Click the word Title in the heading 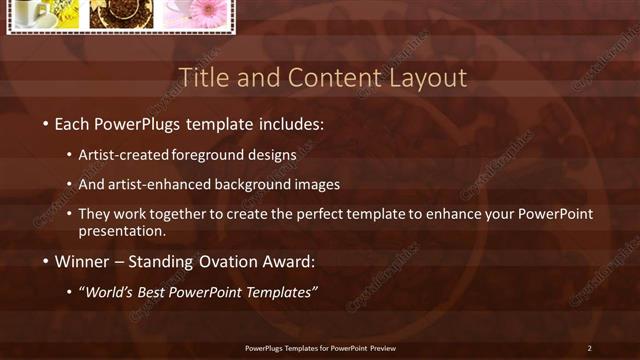tap(202, 78)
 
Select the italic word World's tap(110, 292)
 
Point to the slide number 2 tap(589, 348)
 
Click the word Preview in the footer tap(381, 348)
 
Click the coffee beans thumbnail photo tap(120, 13)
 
